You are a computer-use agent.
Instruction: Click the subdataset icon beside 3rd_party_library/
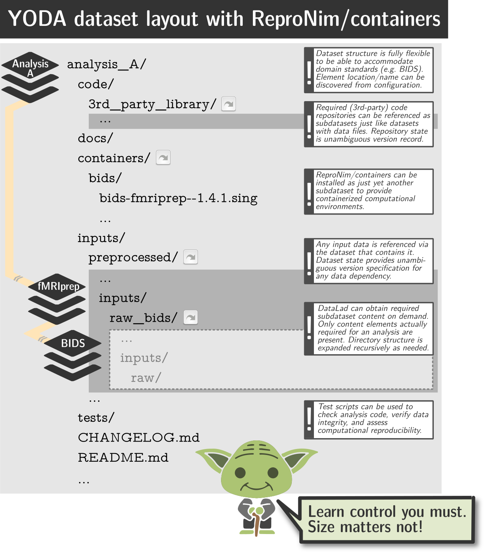point(229,104)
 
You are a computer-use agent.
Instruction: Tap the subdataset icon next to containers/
point(163,158)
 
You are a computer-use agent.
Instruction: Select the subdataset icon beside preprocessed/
point(191,257)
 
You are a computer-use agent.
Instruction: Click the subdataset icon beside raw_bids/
point(191,318)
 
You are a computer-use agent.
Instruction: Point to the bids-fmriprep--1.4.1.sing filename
point(178,198)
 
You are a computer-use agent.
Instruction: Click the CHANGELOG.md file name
point(139,437)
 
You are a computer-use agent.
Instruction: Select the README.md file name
point(123,457)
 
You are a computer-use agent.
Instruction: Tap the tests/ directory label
point(96,418)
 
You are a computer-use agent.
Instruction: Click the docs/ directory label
point(95,138)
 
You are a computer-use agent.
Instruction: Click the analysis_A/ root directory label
point(106,64)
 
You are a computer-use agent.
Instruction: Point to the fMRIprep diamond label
point(58,286)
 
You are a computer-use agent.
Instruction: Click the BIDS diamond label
point(73,343)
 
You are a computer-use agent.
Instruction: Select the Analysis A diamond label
point(30,66)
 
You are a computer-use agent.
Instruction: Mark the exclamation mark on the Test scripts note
point(309,419)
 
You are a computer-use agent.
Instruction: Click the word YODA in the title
point(37,19)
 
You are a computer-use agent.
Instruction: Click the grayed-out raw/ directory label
point(146,378)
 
